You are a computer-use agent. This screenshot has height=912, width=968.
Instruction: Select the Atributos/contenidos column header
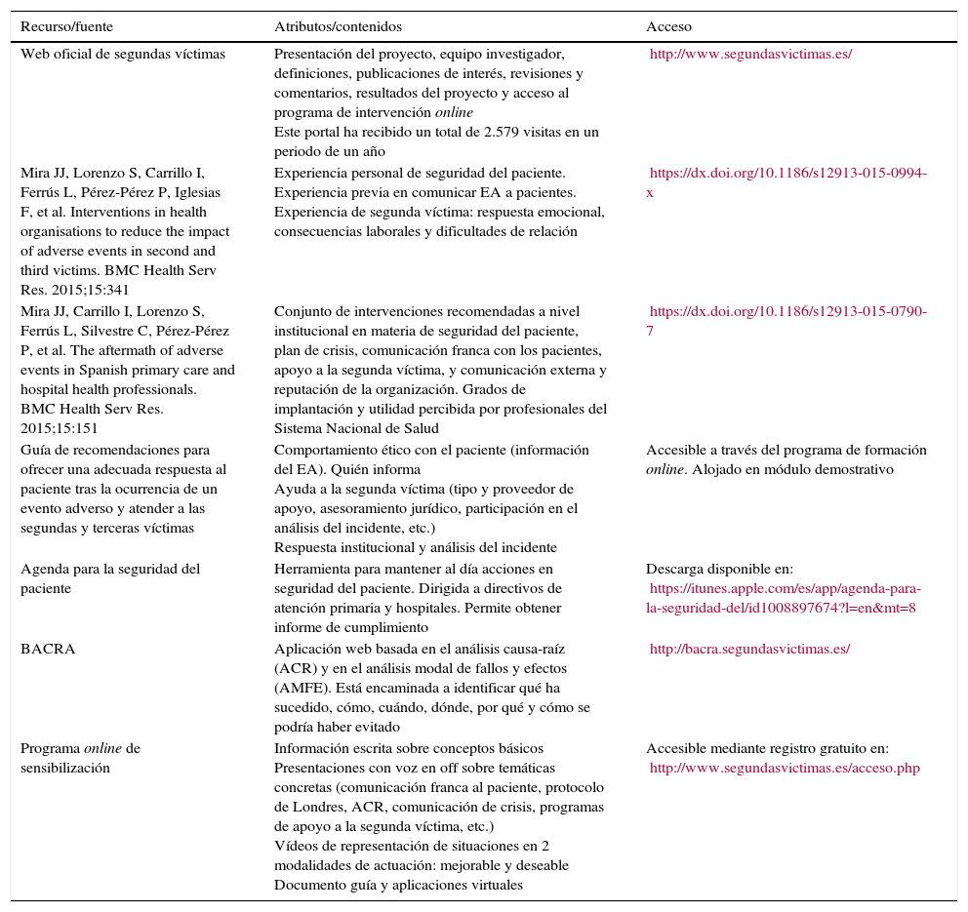338,26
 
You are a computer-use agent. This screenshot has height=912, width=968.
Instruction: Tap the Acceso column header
668,26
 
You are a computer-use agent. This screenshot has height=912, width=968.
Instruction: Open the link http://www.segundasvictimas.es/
750,54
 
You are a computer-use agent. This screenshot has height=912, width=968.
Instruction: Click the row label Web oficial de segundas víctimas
123,54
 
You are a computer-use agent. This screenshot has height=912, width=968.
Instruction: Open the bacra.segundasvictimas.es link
749,649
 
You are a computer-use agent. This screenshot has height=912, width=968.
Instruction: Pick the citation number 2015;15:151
60,428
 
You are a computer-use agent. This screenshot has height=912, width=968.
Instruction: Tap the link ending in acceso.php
785,768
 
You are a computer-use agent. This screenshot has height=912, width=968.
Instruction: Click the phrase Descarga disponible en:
719,569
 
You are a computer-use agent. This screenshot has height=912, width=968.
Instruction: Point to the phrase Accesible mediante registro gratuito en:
767,748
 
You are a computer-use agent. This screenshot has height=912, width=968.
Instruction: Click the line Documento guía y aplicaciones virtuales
398,885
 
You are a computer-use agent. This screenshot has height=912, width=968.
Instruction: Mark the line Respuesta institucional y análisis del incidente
415,547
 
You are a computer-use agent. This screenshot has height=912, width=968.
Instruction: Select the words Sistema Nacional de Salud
356,428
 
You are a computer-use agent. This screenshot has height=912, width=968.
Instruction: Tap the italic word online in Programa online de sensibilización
103,748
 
